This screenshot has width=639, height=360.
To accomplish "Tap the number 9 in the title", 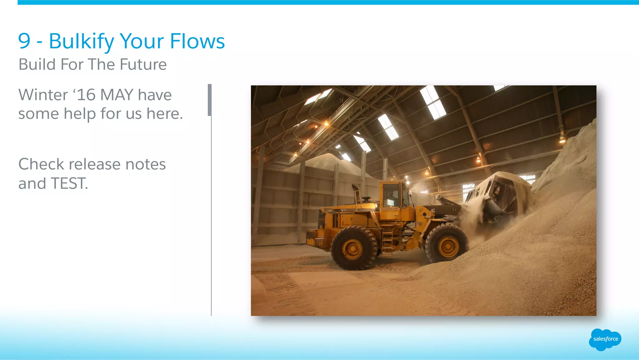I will click(24, 41).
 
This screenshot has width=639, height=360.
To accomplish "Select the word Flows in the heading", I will click(197, 41).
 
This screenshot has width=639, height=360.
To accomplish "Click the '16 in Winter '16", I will click(84, 95).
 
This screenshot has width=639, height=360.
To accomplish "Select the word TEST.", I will click(69, 184).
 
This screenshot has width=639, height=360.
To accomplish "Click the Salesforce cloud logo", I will click(605, 339).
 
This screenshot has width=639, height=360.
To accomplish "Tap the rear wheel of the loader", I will click(354, 249).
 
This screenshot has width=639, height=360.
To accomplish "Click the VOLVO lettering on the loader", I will click(347, 210).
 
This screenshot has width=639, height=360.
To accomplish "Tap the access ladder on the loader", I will click(388, 240).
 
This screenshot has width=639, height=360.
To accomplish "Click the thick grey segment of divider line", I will click(210, 100).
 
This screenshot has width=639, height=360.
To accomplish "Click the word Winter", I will click(43, 95).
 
